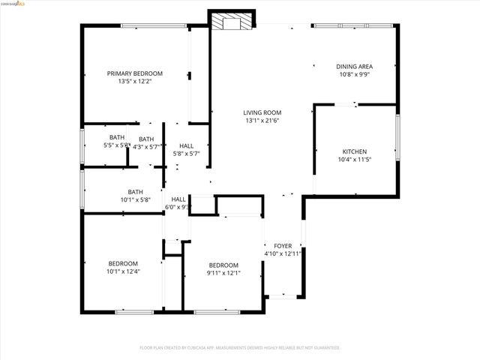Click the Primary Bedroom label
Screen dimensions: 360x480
pos(135,73)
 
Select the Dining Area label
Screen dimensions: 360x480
pos(355,66)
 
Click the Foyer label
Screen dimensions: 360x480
pos(283,245)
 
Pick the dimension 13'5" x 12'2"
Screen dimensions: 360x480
pos(135,82)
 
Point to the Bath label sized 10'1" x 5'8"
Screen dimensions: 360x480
pos(135,192)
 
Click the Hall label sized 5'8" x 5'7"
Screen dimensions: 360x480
pos(186,145)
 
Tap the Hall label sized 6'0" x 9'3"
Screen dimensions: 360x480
pos(178,199)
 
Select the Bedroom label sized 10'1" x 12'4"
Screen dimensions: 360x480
pos(123,263)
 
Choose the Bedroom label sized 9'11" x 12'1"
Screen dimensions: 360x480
pos(223,265)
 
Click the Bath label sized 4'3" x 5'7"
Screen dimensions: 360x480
pos(146,139)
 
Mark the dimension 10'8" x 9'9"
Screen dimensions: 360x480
pos(355,74)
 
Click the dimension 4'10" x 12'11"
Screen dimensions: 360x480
pos(283,253)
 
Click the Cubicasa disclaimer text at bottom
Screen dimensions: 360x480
pos(240,347)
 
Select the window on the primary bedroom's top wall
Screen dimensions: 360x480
pos(154,26)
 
